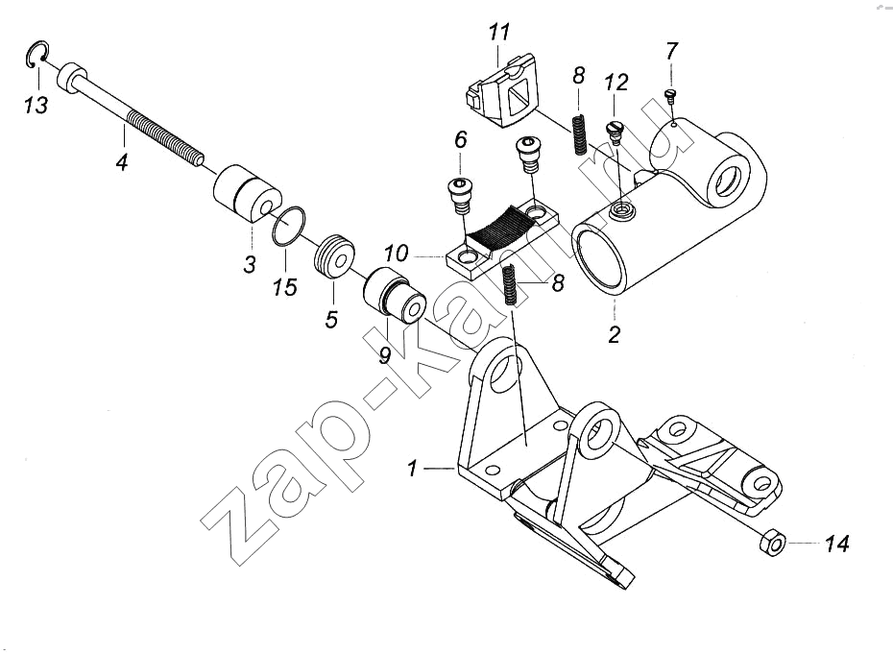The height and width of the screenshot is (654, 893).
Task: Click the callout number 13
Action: pyautogui.click(x=36, y=105)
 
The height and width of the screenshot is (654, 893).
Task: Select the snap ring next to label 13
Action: pyautogui.click(x=29, y=56)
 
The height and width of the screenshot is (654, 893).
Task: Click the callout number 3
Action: pyautogui.click(x=249, y=264)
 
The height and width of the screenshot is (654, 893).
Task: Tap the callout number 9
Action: pyautogui.click(x=385, y=355)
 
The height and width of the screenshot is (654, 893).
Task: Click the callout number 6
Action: pyautogui.click(x=460, y=139)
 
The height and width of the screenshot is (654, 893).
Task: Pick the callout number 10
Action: pyautogui.click(x=396, y=253)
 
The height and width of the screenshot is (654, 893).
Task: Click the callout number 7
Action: pyautogui.click(x=671, y=52)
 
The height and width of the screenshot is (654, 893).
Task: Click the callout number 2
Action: pyautogui.click(x=614, y=334)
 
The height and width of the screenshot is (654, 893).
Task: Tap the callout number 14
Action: pyautogui.click(x=836, y=544)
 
